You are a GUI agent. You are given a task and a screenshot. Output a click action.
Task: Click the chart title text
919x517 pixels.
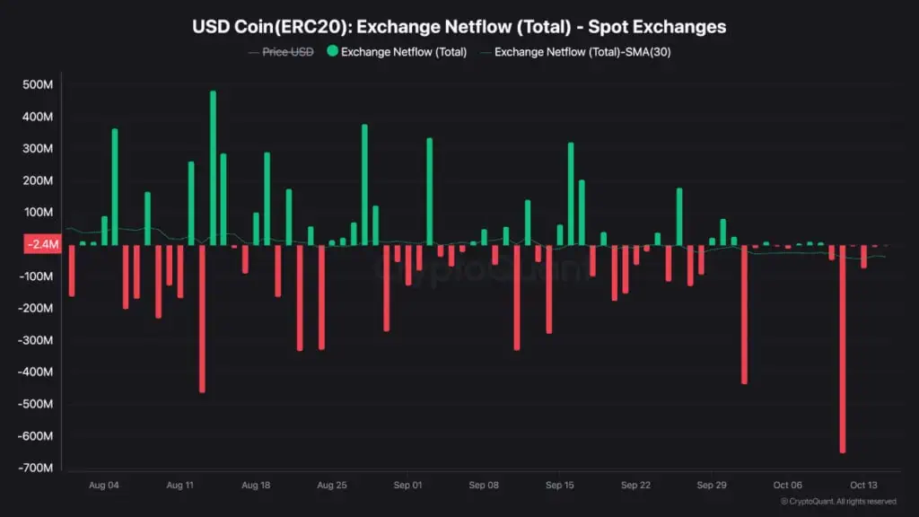click(459, 27)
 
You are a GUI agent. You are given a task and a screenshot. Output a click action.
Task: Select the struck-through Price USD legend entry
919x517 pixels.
click(287, 52)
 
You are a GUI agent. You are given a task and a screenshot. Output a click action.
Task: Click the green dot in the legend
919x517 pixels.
click(332, 52)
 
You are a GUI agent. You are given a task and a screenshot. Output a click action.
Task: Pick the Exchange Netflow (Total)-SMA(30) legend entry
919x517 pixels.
click(582, 52)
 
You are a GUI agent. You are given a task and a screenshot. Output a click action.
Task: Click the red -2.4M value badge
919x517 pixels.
click(41, 244)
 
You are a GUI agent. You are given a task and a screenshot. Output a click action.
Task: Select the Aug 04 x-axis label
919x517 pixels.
click(104, 486)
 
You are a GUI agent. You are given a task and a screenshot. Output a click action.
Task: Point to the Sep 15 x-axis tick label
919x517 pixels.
click(558, 486)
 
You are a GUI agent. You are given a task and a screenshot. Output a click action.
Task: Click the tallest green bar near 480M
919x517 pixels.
click(213, 168)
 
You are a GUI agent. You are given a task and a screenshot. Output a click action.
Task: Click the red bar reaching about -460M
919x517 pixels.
click(202, 319)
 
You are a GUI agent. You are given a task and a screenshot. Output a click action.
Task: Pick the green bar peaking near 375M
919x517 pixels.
click(364, 184)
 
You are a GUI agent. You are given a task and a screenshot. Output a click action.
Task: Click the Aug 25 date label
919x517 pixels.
click(332, 486)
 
